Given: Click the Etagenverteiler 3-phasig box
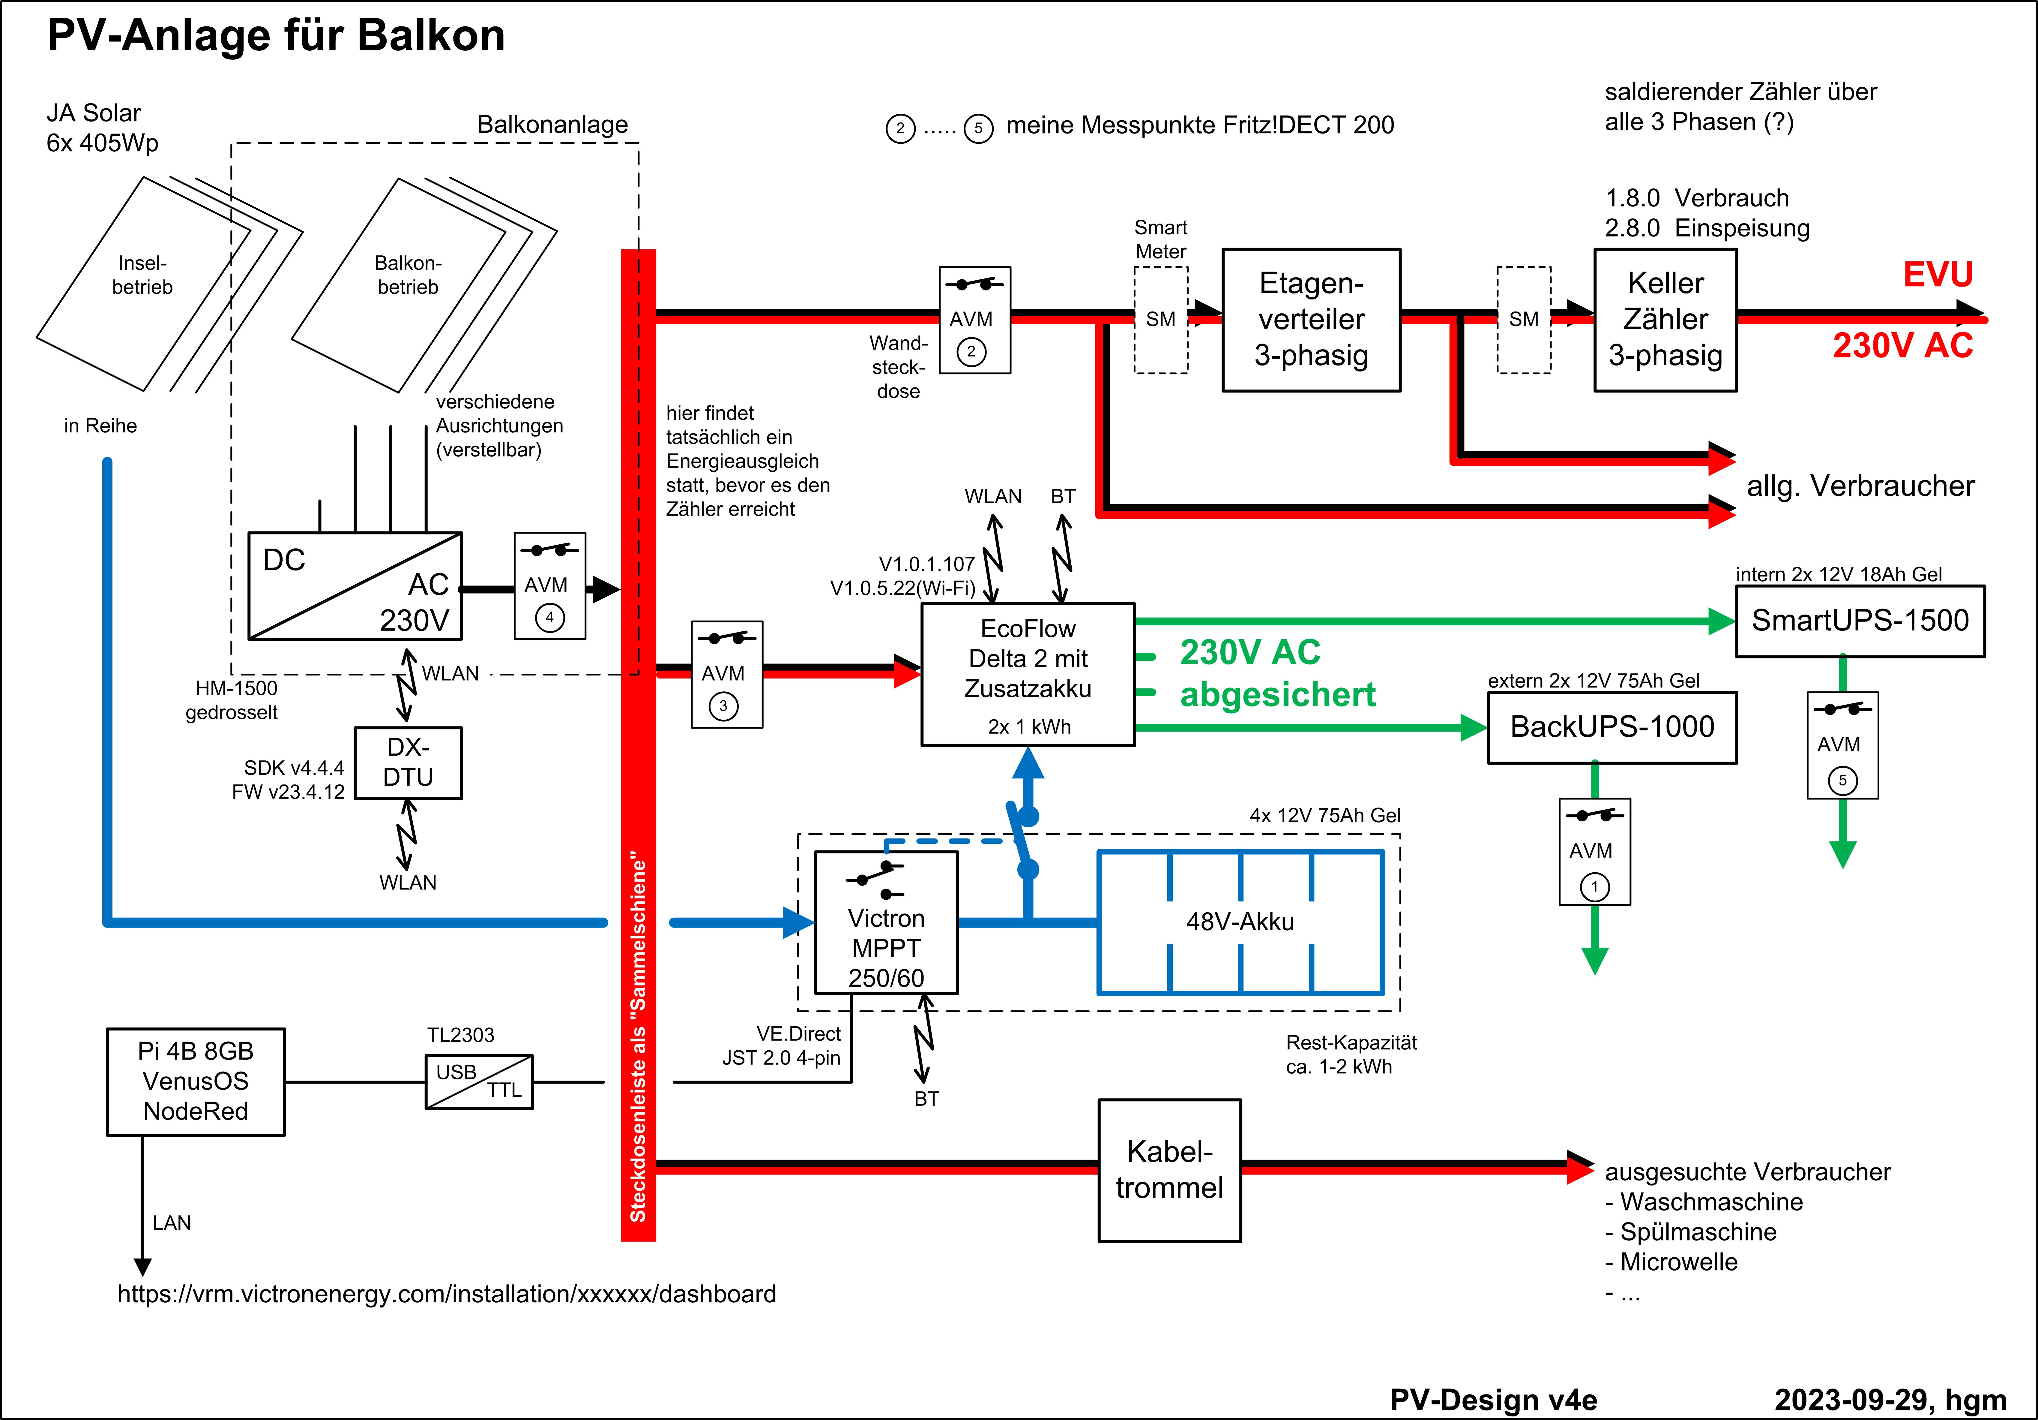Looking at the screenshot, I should tap(1311, 320).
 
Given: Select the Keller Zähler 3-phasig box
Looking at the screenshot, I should tap(1665, 320).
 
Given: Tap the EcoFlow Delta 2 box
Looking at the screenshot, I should tap(1028, 675).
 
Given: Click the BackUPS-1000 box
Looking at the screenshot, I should tap(1612, 727).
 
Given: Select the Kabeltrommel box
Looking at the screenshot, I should tap(1169, 1170).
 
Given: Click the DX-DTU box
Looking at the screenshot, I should tap(408, 763).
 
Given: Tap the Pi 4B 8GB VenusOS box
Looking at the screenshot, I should tap(195, 1082).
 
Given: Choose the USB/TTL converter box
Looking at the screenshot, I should tap(479, 1082).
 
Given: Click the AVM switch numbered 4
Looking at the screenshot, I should tap(549, 586).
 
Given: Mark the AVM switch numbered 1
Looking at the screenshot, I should tap(1594, 852).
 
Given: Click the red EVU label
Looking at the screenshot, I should tap(1938, 274).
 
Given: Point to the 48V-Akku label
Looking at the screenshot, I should tap(1240, 922).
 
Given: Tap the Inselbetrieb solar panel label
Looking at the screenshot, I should tap(142, 275).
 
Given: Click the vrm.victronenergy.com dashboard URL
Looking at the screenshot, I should tap(447, 1294).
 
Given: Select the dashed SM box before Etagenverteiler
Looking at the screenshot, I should tap(1160, 320).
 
